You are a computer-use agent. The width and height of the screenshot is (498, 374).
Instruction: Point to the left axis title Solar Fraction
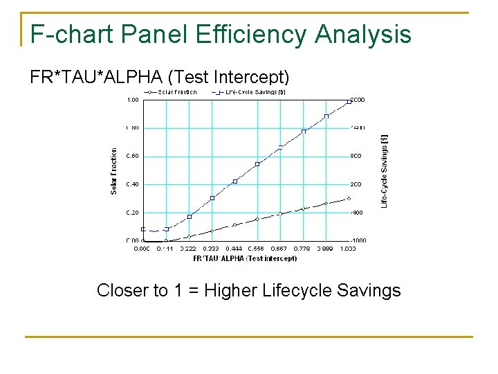click(x=114, y=170)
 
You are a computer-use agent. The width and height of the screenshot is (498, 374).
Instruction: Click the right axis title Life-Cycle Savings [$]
click(x=385, y=170)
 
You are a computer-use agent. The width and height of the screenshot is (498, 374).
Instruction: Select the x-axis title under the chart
click(x=245, y=258)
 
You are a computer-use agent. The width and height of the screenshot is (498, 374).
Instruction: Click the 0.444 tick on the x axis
click(x=234, y=248)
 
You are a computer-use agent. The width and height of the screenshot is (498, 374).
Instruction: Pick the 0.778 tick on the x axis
click(x=303, y=248)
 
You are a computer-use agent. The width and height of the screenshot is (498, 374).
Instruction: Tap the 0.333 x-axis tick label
click(x=212, y=248)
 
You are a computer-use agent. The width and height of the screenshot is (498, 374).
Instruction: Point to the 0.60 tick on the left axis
click(x=131, y=156)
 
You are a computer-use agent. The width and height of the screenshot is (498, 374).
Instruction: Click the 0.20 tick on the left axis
click(x=131, y=213)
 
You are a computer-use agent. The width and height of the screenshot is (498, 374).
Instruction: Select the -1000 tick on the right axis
click(x=358, y=240)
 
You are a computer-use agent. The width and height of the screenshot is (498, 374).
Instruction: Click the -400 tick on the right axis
click(x=357, y=213)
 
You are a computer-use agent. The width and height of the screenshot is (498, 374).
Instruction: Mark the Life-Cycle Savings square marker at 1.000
click(x=349, y=102)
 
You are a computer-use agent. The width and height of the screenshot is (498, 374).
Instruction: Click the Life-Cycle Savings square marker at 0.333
click(x=212, y=198)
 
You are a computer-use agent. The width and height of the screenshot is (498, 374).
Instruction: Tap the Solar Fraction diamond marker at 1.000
click(x=349, y=198)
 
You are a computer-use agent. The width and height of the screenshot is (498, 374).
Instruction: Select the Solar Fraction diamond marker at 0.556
click(x=257, y=219)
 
